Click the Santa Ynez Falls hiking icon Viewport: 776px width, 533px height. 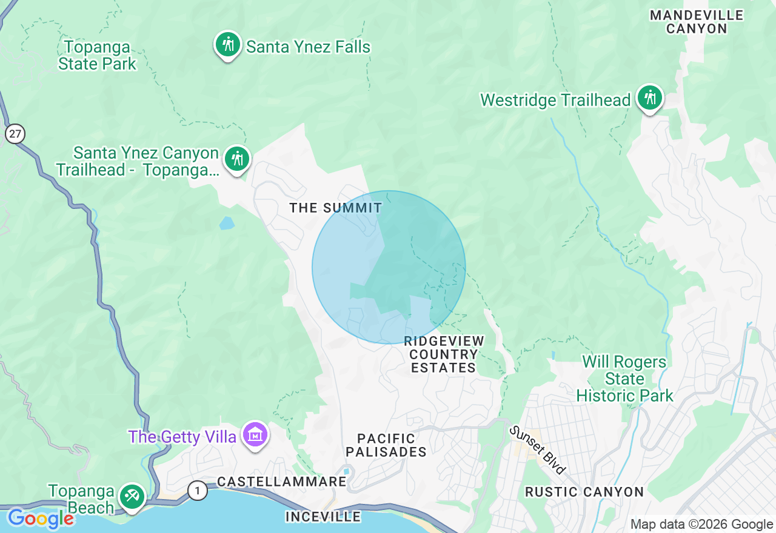[x=227, y=45]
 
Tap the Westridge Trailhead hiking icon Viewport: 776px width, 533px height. [x=650, y=98]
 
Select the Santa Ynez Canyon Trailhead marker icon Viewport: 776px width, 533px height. [x=236, y=159]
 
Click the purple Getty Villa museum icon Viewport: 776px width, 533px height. [x=255, y=435]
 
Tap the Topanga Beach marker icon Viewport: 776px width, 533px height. [x=132, y=496]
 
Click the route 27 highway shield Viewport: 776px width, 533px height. [x=15, y=133]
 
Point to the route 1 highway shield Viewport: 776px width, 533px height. [x=197, y=490]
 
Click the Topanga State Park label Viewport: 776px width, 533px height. [x=97, y=55]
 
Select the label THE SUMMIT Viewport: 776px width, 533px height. [x=335, y=208]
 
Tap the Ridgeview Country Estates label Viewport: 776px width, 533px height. [x=444, y=354]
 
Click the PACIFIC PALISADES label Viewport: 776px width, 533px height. [x=386, y=445]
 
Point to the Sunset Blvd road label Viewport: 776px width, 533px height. [x=537, y=449]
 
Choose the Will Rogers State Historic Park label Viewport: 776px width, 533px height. [x=624, y=379]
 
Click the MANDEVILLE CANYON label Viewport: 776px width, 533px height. [x=697, y=22]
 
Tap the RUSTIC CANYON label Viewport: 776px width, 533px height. [x=584, y=492]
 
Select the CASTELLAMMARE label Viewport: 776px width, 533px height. [x=281, y=482]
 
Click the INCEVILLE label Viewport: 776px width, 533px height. [x=323, y=517]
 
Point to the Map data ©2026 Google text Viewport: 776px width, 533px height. [x=701, y=524]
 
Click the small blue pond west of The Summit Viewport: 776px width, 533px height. [x=227, y=223]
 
